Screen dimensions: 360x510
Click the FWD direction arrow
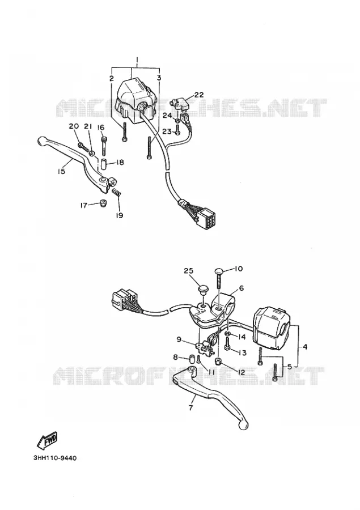[x=47, y=440]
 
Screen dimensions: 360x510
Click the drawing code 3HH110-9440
[x=54, y=458]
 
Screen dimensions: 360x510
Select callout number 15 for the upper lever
[x=62, y=171]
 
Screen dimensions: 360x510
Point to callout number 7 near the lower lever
[x=190, y=407]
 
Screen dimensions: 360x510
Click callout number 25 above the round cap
[x=188, y=271]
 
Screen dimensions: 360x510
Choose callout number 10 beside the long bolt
[x=239, y=269]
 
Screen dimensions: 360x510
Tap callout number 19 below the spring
[x=120, y=215]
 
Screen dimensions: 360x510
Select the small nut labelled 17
[x=104, y=203]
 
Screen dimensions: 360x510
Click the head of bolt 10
[x=219, y=271]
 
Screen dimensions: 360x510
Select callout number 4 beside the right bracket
[x=304, y=347]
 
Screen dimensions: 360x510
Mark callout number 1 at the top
[x=137, y=60]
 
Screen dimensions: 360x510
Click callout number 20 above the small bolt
[x=74, y=126]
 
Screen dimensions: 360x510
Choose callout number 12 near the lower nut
[x=241, y=373]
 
